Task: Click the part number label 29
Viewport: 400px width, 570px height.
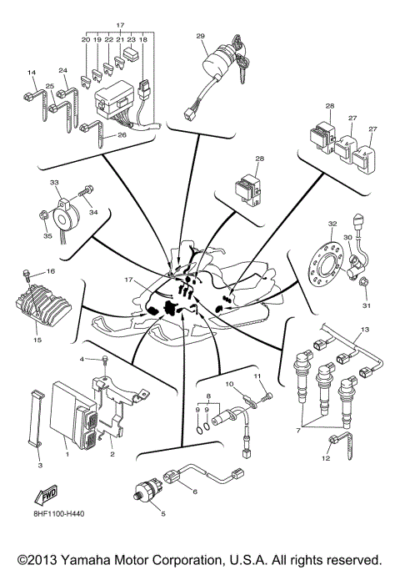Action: pyautogui.click(x=200, y=36)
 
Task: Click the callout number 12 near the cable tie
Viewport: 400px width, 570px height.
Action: pyautogui.click(x=326, y=457)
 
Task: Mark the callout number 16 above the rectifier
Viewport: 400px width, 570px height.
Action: pyautogui.click(x=50, y=272)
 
